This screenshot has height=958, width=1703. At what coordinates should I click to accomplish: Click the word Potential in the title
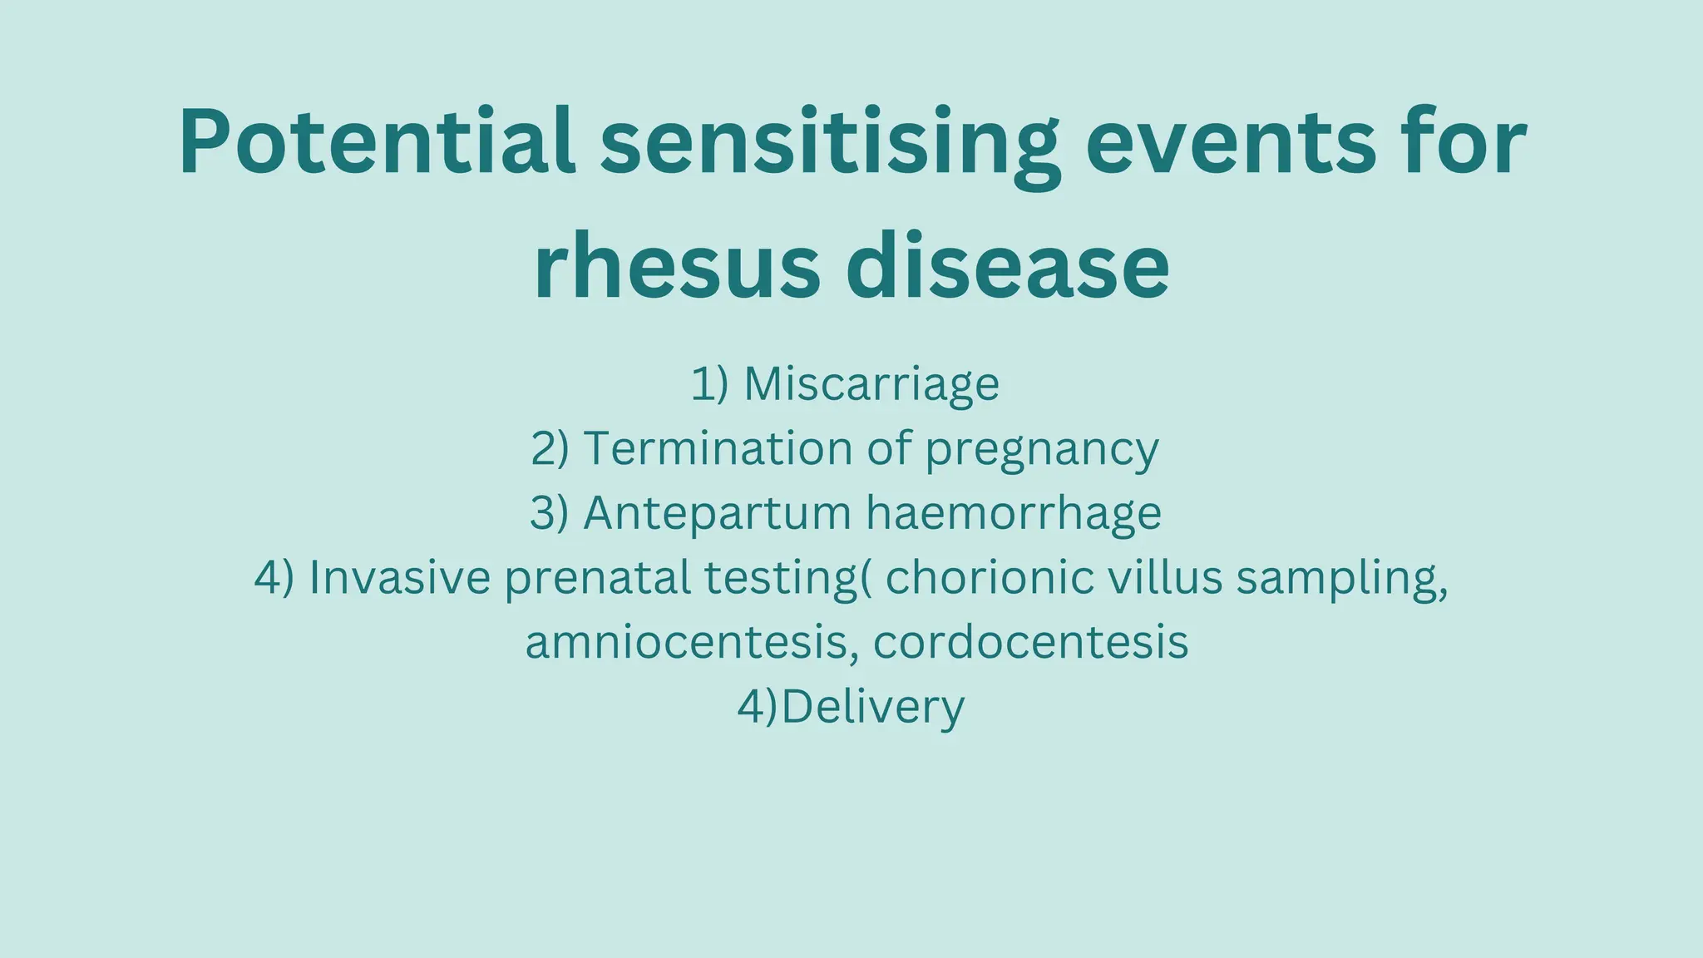tap(377, 141)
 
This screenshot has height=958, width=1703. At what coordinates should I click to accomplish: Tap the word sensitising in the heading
tap(830, 141)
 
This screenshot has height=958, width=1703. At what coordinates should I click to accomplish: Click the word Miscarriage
tap(871, 384)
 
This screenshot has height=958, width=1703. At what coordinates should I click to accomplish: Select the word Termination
tap(718, 448)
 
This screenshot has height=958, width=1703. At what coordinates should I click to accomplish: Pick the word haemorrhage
tap(1014, 513)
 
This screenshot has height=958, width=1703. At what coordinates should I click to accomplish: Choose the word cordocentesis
tap(1031, 642)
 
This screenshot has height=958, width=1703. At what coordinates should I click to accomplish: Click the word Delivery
tap(873, 708)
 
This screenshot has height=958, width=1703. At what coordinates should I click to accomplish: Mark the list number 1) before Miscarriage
tap(709, 384)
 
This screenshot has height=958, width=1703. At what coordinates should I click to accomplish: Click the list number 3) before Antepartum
tap(550, 513)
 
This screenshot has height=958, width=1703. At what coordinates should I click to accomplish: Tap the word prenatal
tap(598, 579)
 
